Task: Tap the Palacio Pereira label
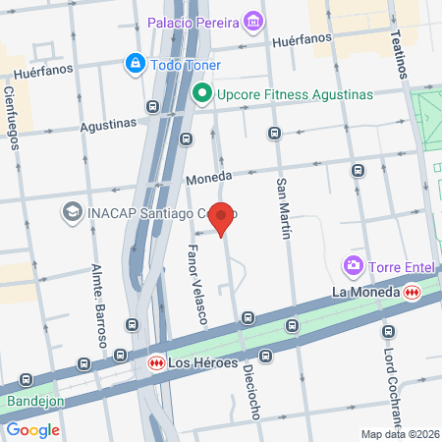(x=193, y=22)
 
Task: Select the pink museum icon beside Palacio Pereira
(x=254, y=21)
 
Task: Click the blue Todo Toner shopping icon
(x=133, y=65)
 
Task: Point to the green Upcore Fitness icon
(x=202, y=94)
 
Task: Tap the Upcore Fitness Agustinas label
(x=296, y=94)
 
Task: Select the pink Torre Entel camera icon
(x=351, y=264)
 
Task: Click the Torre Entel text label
(x=397, y=265)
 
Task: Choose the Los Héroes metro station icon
(x=155, y=363)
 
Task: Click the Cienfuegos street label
(x=12, y=116)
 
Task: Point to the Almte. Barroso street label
(x=99, y=304)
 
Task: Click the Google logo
(x=33, y=429)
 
